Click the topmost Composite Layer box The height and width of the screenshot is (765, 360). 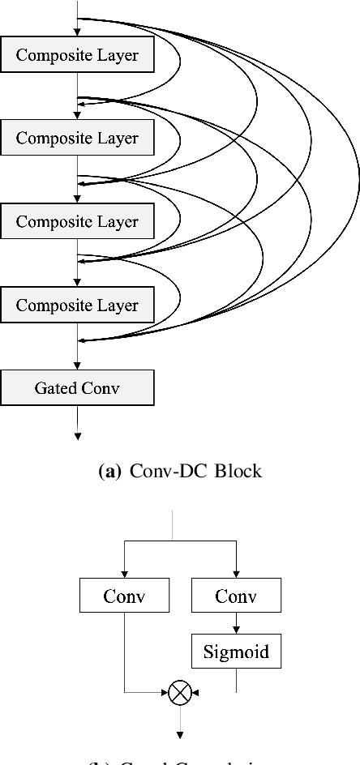point(77,55)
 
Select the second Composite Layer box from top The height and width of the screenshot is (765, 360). point(77,139)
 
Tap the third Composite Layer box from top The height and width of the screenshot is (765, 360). point(77,222)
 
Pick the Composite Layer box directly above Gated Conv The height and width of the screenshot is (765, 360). point(77,306)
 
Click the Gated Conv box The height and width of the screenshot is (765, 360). point(77,388)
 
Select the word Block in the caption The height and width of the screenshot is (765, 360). point(238,471)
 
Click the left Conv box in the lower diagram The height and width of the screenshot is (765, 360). point(123,596)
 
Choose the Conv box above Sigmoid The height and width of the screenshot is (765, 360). point(236,596)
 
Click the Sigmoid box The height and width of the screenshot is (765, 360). point(236,651)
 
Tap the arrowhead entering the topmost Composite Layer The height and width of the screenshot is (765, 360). point(78,32)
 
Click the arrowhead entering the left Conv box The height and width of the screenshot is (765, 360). point(123,575)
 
